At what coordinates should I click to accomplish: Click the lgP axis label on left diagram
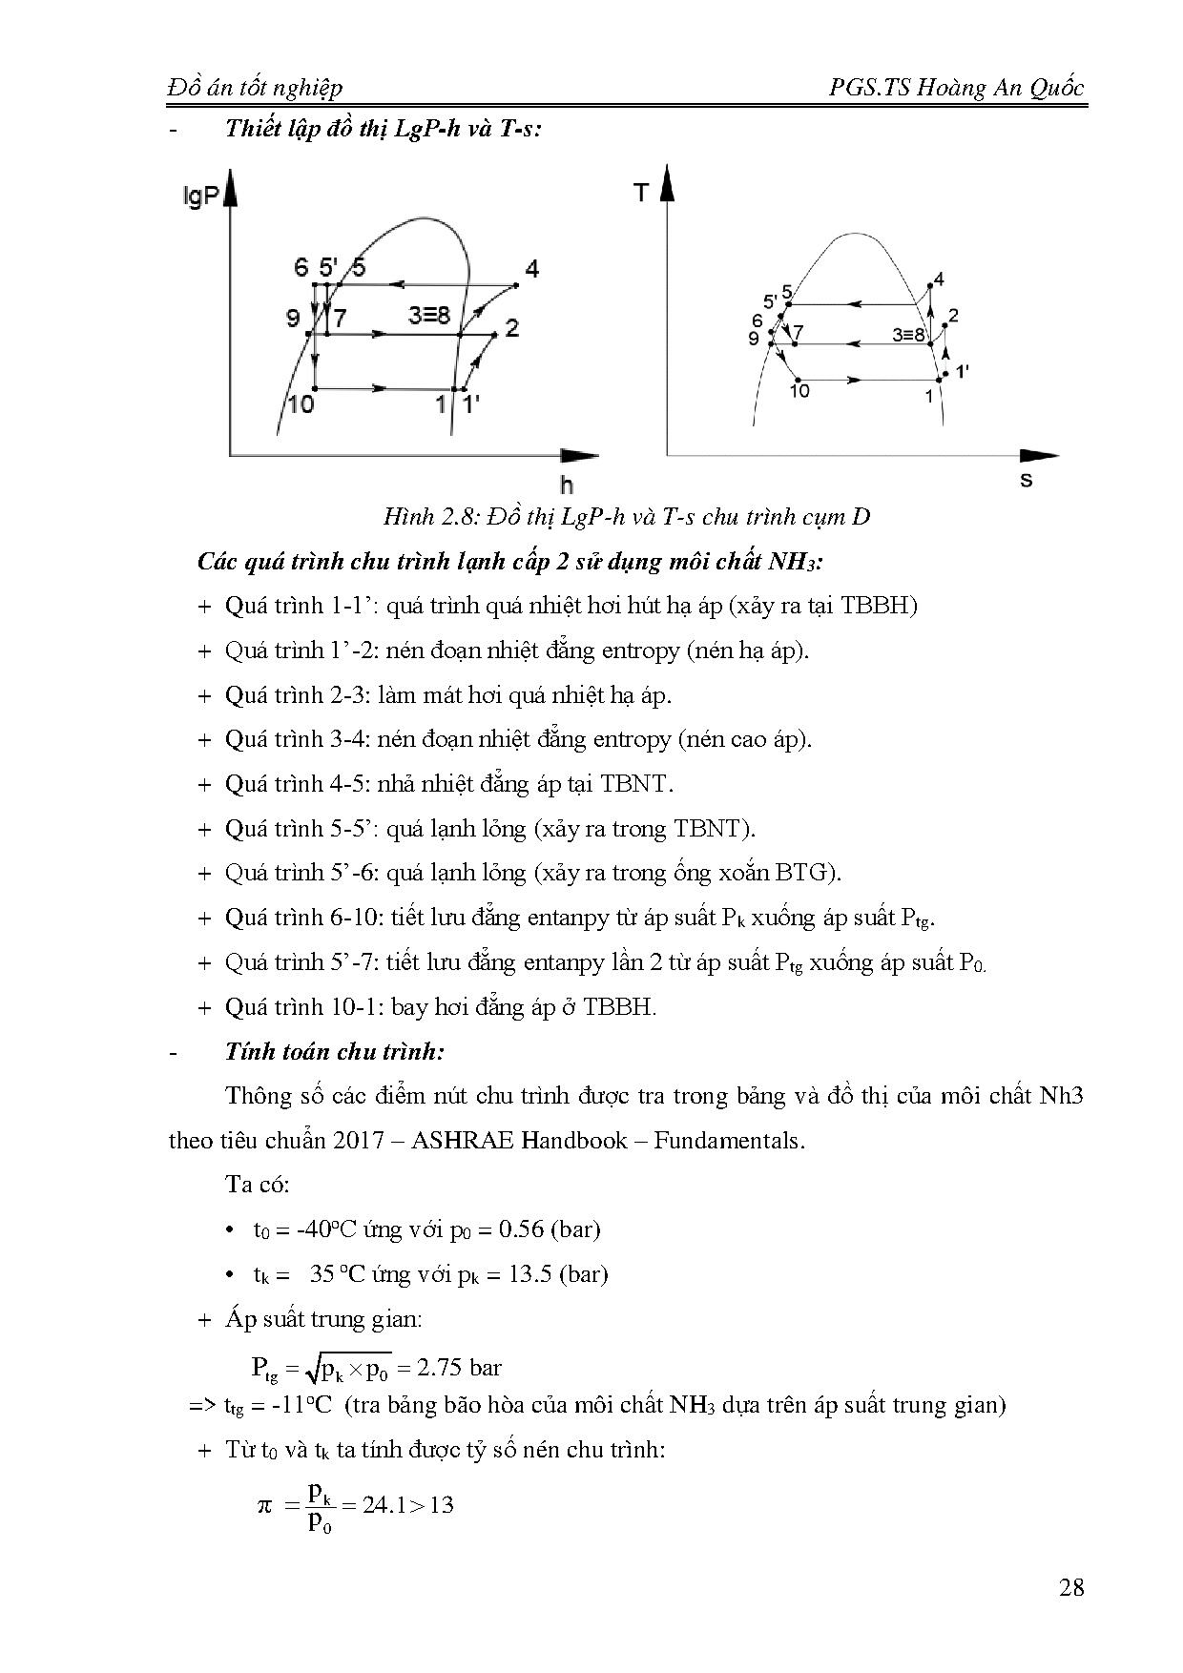[200, 197]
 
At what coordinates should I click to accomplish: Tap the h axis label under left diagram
[567, 485]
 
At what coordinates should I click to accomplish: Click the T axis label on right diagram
[640, 194]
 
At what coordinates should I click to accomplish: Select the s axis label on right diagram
[1026, 480]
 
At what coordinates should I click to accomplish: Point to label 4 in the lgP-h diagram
[531, 270]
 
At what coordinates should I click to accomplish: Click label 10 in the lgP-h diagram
[300, 404]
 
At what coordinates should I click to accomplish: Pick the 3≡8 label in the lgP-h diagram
[429, 315]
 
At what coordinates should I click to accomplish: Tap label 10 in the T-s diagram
[799, 390]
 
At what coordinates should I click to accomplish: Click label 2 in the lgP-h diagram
[512, 328]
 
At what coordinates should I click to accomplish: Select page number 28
[1071, 1588]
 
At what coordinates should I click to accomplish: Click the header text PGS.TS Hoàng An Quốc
[957, 88]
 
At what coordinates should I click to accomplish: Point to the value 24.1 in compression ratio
[383, 1505]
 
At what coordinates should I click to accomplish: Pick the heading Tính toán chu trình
[335, 1052]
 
